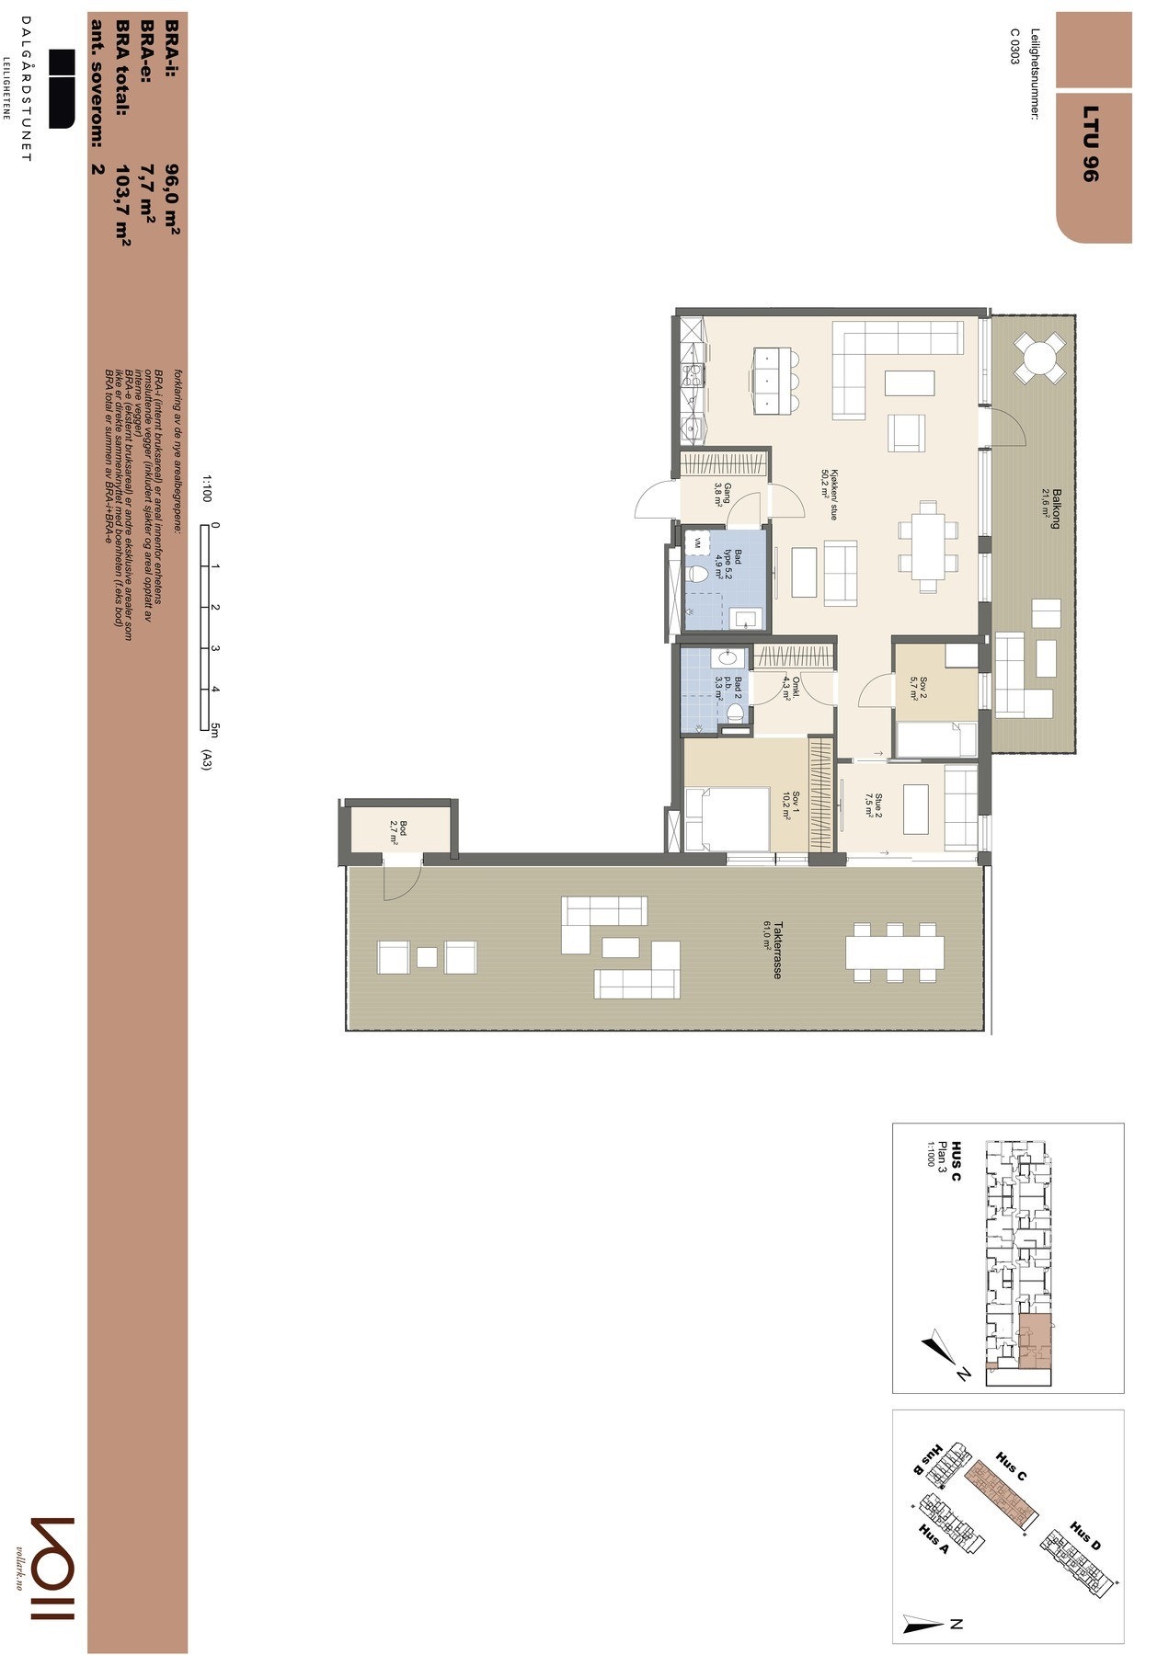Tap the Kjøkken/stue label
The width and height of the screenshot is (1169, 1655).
830,483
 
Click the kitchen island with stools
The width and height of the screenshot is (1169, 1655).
771,379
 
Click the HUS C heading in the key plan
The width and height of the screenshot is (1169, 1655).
957,1161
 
